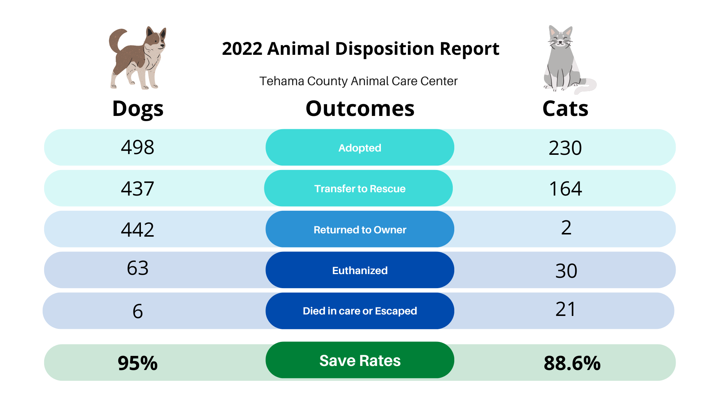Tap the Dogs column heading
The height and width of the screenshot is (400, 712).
click(x=138, y=109)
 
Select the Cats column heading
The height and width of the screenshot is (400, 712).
click(x=565, y=109)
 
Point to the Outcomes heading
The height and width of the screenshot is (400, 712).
click(x=360, y=109)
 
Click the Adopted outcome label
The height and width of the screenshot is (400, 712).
click(x=360, y=148)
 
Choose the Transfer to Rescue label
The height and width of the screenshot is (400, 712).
click(x=360, y=189)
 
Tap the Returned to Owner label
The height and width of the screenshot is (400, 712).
click(x=360, y=230)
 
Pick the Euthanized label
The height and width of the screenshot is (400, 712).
click(x=360, y=270)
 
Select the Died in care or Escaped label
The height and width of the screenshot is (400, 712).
click(x=360, y=311)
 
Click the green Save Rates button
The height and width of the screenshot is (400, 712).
click(x=360, y=360)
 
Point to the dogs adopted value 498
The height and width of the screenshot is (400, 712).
click(x=138, y=147)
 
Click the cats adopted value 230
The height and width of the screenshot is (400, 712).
click(x=565, y=148)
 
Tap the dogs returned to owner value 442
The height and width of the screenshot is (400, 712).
click(x=138, y=230)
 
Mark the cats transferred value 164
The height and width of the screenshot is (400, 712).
click(x=566, y=189)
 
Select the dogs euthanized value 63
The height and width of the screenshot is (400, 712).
click(x=138, y=268)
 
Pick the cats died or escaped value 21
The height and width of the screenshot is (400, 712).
click(x=566, y=309)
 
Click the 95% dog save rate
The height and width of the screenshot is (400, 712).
click(x=138, y=363)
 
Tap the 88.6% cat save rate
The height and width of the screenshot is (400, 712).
click(x=572, y=363)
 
